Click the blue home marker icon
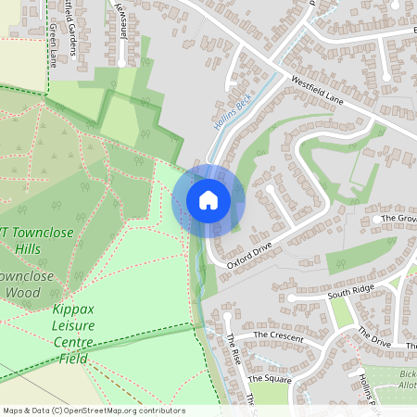(x=208, y=200)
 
